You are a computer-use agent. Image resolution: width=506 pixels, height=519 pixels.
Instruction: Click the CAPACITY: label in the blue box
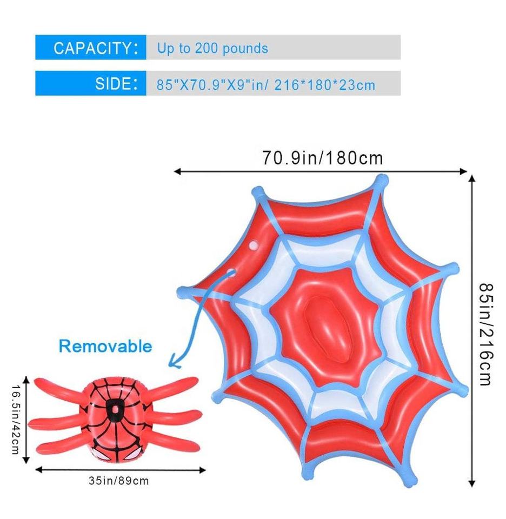point(92,48)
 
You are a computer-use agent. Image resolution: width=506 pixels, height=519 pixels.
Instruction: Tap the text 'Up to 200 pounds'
point(212,48)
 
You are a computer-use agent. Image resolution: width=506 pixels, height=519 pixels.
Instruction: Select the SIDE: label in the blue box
point(113,84)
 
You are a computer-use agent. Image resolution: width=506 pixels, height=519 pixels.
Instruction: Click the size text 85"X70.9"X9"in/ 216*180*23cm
point(266,85)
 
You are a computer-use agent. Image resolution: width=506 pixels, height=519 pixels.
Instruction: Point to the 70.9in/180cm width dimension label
point(323,158)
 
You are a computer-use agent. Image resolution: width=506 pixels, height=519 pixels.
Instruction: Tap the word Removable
point(105,346)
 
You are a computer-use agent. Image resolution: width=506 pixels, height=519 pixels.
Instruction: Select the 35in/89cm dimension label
point(118,480)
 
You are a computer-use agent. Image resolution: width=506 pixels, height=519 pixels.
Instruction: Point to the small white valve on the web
point(252,246)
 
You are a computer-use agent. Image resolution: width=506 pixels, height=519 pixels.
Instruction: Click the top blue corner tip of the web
point(382,179)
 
